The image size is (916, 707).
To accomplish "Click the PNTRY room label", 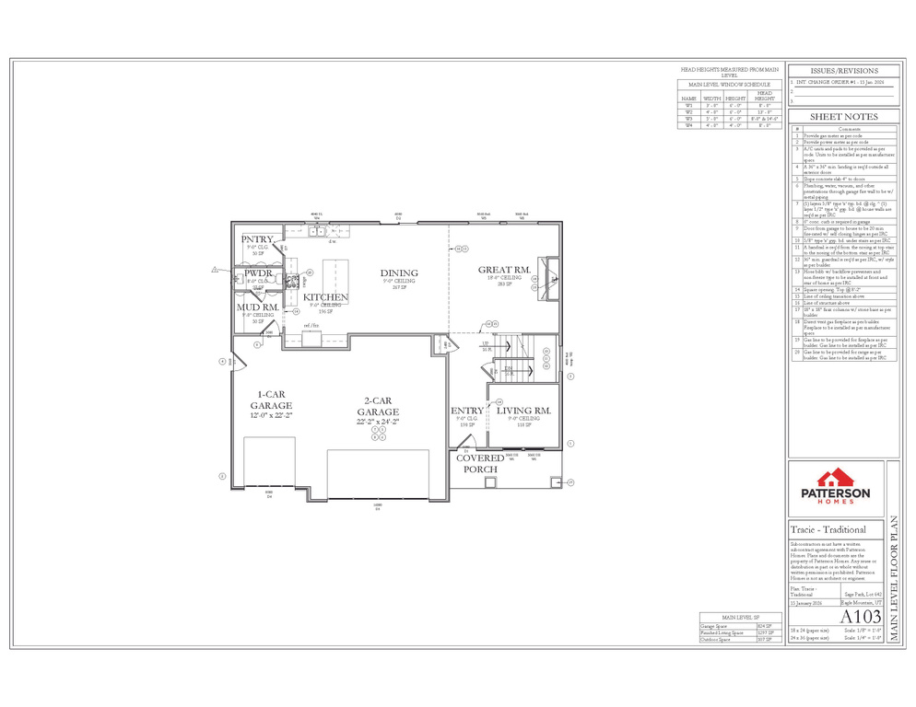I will (x=257, y=239).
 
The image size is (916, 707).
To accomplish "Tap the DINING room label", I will (x=399, y=273).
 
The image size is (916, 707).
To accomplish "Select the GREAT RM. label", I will (x=504, y=270).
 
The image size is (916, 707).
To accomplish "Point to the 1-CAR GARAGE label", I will (x=271, y=400).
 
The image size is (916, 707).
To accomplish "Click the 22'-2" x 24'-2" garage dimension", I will (x=379, y=422).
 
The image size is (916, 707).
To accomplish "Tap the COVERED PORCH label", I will (x=480, y=463).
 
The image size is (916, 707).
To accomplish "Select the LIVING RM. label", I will (x=523, y=411).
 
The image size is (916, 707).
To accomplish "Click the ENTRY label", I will (x=466, y=411).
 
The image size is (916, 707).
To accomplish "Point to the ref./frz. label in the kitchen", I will (x=311, y=326).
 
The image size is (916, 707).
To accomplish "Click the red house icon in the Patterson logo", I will (x=834, y=477).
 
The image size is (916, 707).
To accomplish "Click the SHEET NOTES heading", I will (x=843, y=117).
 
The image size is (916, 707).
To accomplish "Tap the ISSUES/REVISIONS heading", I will (x=843, y=71).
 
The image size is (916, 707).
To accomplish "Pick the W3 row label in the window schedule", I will (x=687, y=119).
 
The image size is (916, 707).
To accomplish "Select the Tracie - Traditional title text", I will (x=828, y=530).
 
